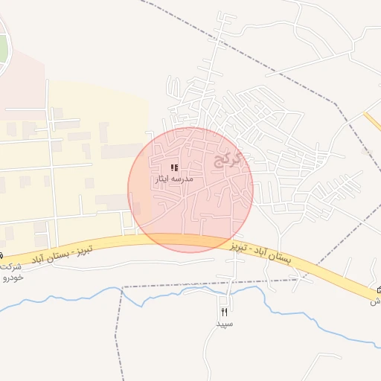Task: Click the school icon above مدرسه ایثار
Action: (174, 168)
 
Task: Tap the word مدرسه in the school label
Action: (183, 179)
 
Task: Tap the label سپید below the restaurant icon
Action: (225, 324)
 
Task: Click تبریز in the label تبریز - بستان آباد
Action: (82, 248)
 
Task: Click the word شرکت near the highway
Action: (9, 266)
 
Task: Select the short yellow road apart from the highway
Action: (371, 121)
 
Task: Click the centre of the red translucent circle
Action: (190, 190)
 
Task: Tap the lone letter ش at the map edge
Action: (376, 301)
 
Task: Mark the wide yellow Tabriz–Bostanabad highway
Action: (149, 240)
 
